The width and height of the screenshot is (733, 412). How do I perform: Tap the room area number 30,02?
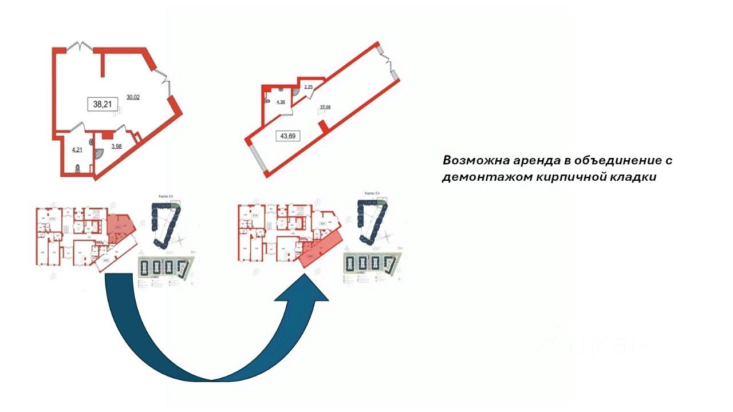(133, 97)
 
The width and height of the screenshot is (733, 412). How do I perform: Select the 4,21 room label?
(77, 151)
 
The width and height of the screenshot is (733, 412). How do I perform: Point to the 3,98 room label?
(116, 146)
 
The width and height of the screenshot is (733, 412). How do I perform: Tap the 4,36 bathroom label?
(281, 103)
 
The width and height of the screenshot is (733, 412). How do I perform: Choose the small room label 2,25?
(308, 87)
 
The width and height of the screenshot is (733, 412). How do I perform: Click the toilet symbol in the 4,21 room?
(78, 168)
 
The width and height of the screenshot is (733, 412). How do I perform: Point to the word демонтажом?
(486, 177)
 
